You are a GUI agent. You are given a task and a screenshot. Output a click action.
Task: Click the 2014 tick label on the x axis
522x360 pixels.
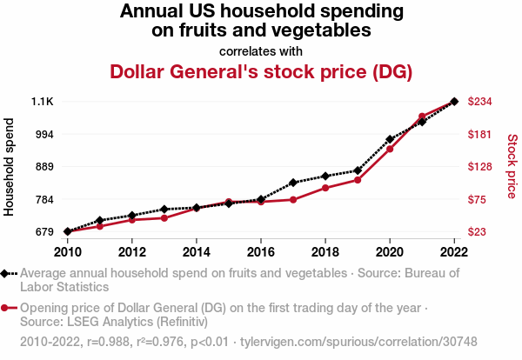coord(197,252)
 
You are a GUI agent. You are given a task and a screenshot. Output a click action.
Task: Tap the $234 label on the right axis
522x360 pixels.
coord(481,102)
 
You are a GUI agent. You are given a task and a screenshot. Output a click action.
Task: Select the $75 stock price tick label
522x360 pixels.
coord(478,199)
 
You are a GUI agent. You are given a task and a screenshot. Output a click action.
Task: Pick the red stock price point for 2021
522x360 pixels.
coord(422,117)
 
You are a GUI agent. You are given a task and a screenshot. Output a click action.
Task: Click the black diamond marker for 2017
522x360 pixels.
coord(293,183)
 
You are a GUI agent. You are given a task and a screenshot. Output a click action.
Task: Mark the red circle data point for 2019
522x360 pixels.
coord(358,180)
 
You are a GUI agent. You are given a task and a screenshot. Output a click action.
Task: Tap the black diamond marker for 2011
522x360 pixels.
coord(100,221)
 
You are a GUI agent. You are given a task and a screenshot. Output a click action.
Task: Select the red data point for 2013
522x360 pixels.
coord(164,217)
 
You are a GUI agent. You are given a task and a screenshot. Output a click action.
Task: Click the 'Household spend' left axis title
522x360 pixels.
coord(10,167)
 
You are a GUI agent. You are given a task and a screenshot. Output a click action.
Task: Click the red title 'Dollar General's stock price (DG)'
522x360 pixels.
coord(261,71)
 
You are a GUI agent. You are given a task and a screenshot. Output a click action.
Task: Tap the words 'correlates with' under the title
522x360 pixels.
coord(261,50)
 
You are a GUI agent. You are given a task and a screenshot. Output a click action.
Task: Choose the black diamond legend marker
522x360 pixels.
coord(6,273)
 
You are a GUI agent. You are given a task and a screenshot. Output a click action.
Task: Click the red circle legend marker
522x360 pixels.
coord(6,308)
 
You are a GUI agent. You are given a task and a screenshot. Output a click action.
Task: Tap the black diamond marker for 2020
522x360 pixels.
coord(390,139)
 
